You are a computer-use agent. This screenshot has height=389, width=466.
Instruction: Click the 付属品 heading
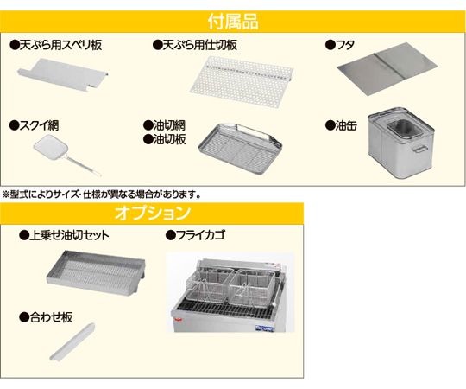coord(233,22)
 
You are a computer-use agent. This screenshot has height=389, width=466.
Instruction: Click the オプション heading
coord(152,213)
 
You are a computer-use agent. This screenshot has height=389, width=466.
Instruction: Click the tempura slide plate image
coord(63,74)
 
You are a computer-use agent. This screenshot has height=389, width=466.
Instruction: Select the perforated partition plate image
coord(242,81)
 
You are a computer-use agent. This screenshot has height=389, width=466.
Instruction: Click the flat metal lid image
coord(387,70)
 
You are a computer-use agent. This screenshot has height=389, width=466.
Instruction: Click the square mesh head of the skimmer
coord(51,146)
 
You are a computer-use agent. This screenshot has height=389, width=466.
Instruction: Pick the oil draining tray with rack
coord(240,149)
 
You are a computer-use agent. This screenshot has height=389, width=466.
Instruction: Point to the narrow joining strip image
coord(72,341)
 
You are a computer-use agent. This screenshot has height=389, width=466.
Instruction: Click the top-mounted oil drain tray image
coord(96,273)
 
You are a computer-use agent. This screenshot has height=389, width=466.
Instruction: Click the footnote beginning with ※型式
coord(102,194)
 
